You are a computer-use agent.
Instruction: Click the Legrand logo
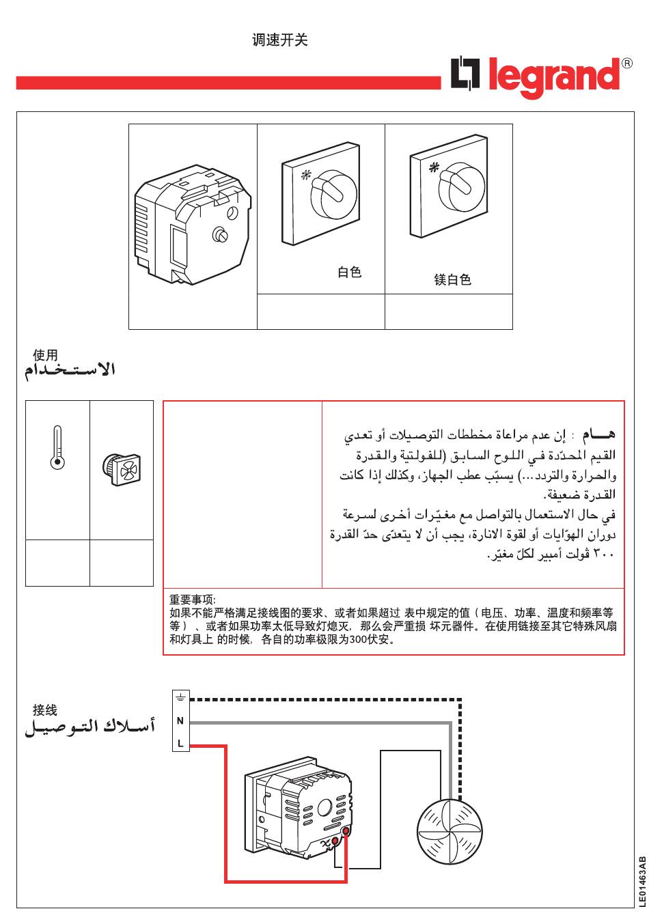click(534, 79)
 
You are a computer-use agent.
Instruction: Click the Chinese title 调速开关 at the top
click(280, 40)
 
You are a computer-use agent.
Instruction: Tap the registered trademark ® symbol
click(626, 64)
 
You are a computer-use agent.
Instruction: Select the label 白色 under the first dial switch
click(350, 272)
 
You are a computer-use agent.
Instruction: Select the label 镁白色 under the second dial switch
click(453, 279)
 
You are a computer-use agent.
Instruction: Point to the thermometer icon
click(57, 447)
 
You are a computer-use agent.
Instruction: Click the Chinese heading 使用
click(45, 355)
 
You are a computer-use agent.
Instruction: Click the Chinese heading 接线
click(45, 710)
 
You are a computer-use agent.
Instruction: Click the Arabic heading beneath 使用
click(70, 371)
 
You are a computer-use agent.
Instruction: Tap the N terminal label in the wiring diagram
click(180, 720)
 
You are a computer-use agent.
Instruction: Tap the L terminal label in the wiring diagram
click(180, 744)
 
